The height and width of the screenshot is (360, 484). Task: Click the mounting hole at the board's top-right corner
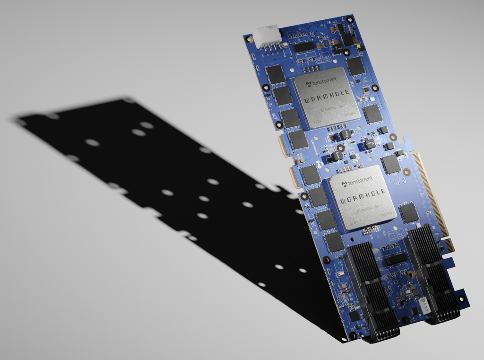[350, 19]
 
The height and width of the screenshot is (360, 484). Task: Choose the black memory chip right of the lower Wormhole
[409, 213]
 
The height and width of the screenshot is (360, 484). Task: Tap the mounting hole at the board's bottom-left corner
[352, 335]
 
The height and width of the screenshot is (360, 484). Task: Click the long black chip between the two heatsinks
[396, 259]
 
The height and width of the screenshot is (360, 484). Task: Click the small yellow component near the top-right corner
[359, 47]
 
